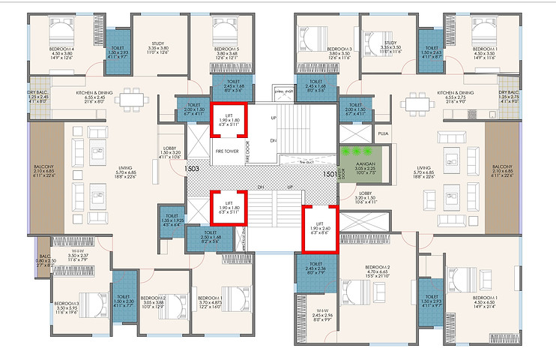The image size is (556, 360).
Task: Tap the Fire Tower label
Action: [x=228, y=150]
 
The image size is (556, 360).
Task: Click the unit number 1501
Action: [x=330, y=174]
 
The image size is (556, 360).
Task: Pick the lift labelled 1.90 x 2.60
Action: [x=318, y=227]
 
